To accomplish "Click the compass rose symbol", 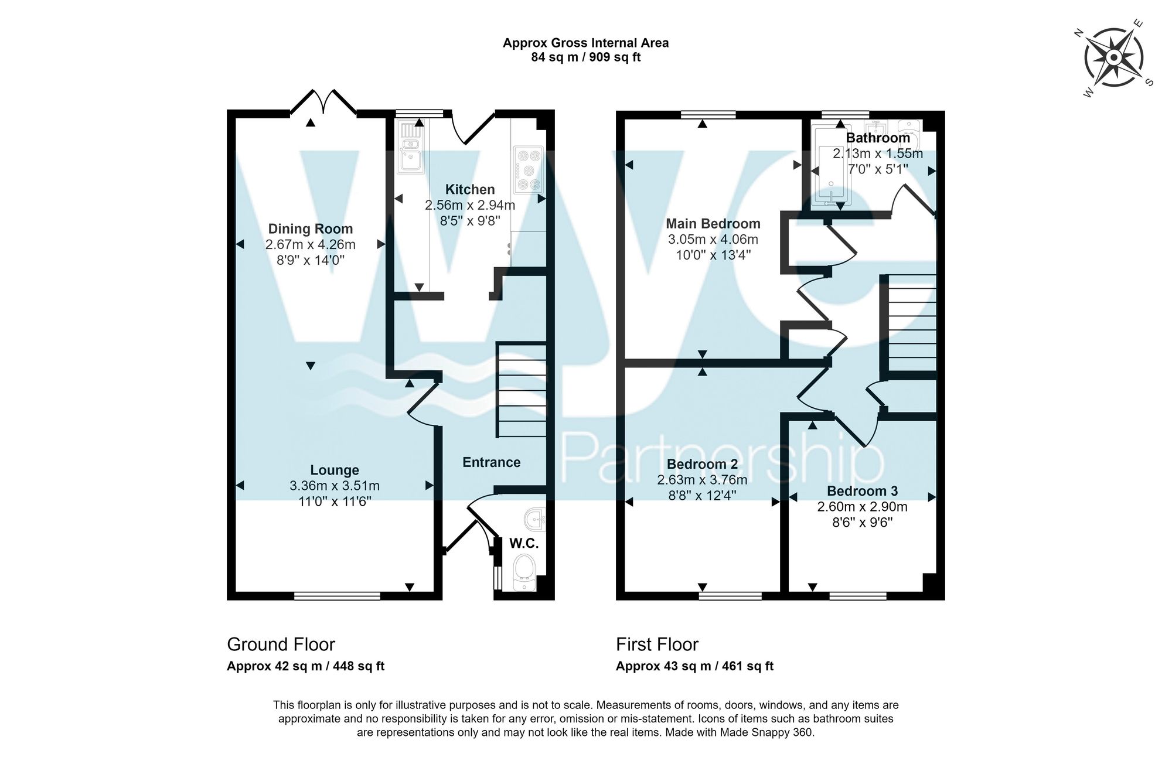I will (x=1113, y=58).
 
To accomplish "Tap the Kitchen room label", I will (x=470, y=189).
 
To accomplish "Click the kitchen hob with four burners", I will (x=529, y=170).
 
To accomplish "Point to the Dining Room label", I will (x=311, y=229).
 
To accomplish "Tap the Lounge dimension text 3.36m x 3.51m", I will (x=335, y=486).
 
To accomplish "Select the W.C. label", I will (x=523, y=544).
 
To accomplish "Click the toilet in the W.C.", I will (x=523, y=572).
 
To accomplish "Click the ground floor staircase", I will (x=522, y=390).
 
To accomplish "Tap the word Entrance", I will (x=491, y=462).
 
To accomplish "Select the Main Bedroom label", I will (x=713, y=224).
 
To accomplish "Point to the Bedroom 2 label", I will (x=702, y=465).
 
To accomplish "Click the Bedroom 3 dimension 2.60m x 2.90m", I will (x=862, y=507).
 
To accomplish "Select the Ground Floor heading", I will (x=281, y=645).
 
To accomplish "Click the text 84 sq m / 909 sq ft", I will (x=585, y=57).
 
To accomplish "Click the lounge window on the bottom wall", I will (x=337, y=596).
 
